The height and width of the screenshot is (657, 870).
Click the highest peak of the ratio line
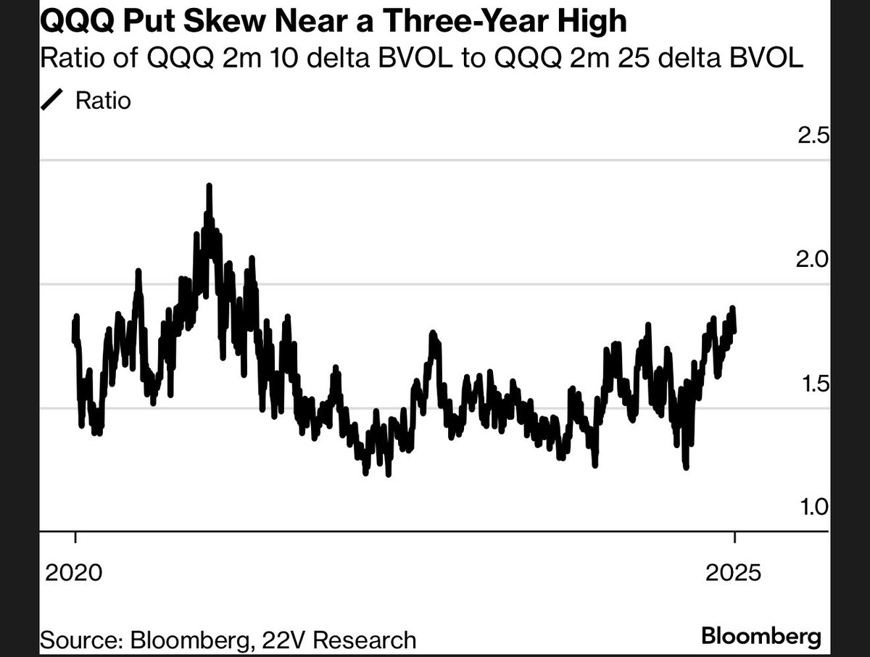(x=209, y=186)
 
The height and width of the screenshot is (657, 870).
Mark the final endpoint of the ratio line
(x=734, y=331)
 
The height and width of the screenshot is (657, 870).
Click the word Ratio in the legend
(x=103, y=100)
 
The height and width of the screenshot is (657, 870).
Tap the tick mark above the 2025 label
(x=734, y=538)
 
